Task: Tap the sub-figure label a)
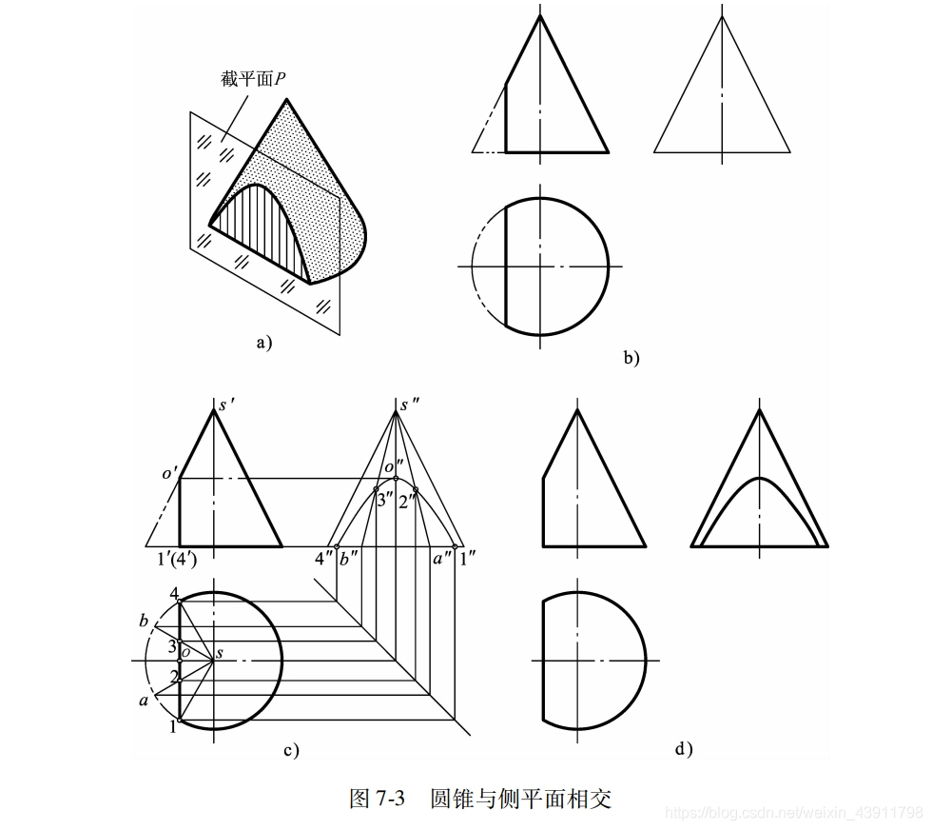click(263, 344)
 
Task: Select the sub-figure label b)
click(631, 358)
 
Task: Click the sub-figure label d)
click(683, 749)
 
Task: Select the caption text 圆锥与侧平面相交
click(520, 798)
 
